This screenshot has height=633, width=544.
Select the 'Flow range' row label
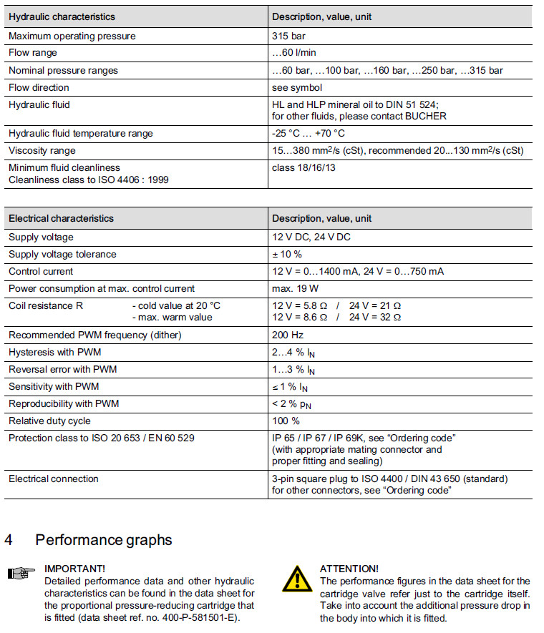coord(33,53)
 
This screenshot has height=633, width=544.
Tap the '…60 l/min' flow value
coord(294,53)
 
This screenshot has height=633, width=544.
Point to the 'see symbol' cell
coord(297,87)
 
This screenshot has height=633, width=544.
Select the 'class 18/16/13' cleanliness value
coord(304,168)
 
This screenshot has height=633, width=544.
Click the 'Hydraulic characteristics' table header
coord(62,16)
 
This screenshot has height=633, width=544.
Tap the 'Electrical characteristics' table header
coord(61,218)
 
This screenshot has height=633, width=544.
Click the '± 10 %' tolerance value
coord(287,255)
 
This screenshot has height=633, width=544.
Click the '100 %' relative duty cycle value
coord(286,421)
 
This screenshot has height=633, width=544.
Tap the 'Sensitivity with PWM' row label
coord(54,387)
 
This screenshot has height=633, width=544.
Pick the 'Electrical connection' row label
coord(54,479)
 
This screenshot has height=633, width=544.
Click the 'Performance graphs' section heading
coord(103,539)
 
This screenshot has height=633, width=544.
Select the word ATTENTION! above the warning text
coord(349,569)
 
